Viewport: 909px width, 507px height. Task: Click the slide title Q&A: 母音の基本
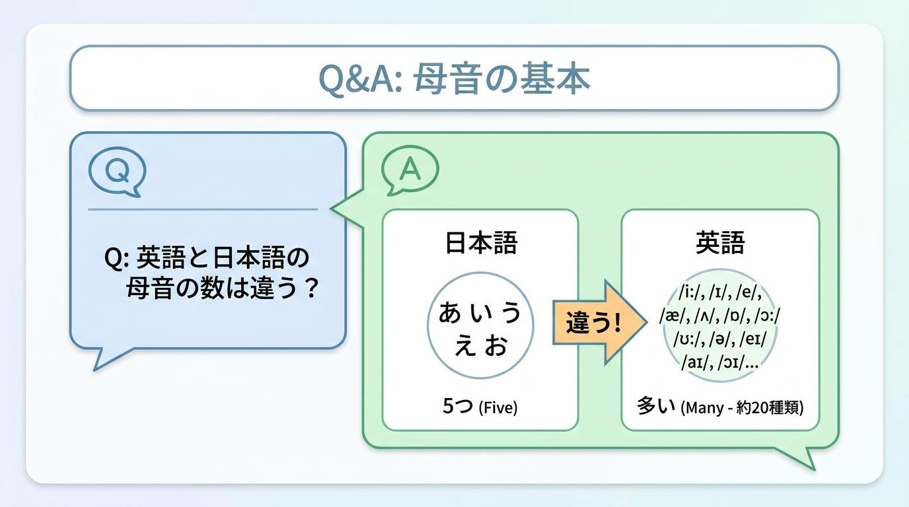(x=454, y=79)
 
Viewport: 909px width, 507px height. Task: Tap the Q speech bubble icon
(x=118, y=172)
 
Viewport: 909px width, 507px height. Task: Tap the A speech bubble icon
(x=410, y=170)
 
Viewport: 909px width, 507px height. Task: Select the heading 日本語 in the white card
(x=482, y=242)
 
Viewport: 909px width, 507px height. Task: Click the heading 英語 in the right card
(x=720, y=242)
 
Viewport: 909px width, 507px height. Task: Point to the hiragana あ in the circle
(x=450, y=312)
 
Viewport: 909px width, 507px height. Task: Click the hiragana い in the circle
(x=481, y=313)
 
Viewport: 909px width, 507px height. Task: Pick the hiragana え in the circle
(x=465, y=346)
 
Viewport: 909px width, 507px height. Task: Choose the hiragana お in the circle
(x=496, y=345)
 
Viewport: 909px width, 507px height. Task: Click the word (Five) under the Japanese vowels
(x=498, y=407)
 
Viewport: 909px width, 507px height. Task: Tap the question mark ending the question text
(x=311, y=288)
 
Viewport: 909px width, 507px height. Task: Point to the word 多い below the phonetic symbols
(x=650, y=405)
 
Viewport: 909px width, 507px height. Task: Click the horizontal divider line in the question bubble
(x=203, y=210)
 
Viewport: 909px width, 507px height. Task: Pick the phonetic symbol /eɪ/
(x=753, y=339)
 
